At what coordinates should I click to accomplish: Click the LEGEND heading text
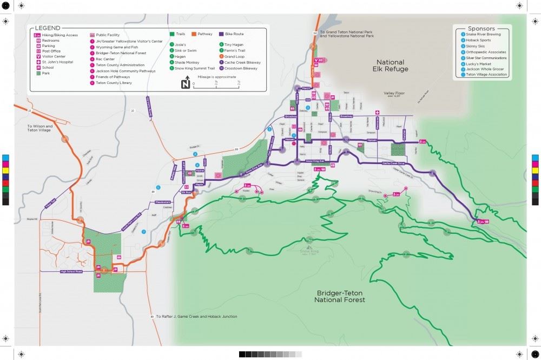pyautogui.click(x=48, y=28)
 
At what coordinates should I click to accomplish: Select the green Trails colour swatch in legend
pyautogui.click(x=173, y=34)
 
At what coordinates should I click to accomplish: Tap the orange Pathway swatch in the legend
pyautogui.click(x=194, y=34)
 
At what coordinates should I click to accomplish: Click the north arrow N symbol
pyautogui.click(x=185, y=84)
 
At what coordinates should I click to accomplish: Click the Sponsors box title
pyautogui.click(x=481, y=28)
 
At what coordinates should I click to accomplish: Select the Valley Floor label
pyautogui.click(x=394, y=93)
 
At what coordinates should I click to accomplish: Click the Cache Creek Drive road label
pyautogui.click(x=394, y=163)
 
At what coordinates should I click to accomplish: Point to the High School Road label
pyautogui.click(x=71, y=271)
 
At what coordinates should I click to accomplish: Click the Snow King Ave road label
pyautogui.click(x=315, y=161)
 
